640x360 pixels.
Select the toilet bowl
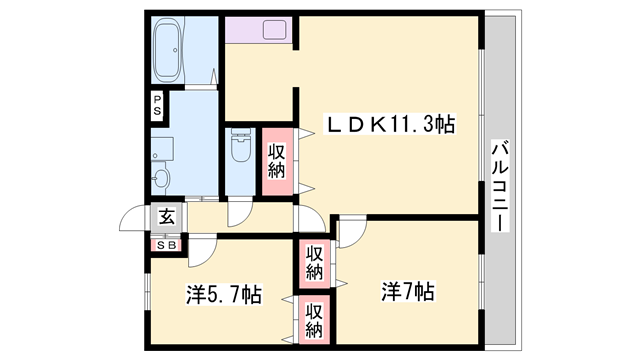coord(240,148)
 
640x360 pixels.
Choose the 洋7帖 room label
coord(406,292)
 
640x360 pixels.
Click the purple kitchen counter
coord(258,30)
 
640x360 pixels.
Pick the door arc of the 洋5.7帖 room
coord(203,252)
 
